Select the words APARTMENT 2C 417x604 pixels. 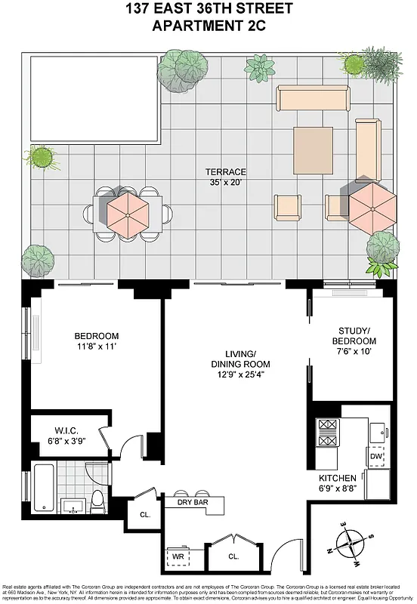click(x=208, y=27)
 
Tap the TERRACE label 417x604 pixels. click(x=226, y=171)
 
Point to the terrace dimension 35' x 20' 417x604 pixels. click(x=226, y=182)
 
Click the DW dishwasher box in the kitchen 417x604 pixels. click(x=376, y=457)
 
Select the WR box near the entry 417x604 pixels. click(x=178, y=556)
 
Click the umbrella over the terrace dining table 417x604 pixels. click(x=127, y=213)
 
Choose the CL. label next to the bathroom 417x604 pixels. click(x=144, y=515)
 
